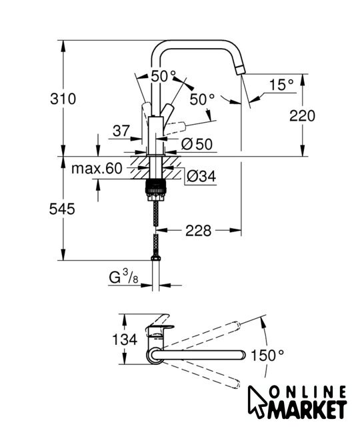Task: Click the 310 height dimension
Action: (63, 99)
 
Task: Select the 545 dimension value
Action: (62, 209)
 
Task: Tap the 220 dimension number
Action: (302, 115)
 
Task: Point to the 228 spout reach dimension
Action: (198, 231)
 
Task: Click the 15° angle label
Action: (281, 85)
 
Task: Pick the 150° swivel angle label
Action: (267, 356)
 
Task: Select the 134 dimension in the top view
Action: (125, 340)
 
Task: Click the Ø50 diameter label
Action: (197, 144)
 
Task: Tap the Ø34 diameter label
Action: (201, 176)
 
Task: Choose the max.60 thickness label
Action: (97, 169)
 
